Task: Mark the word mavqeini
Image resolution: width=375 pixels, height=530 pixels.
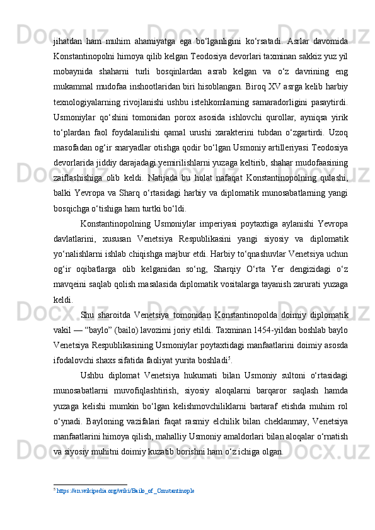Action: coord(67,282)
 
